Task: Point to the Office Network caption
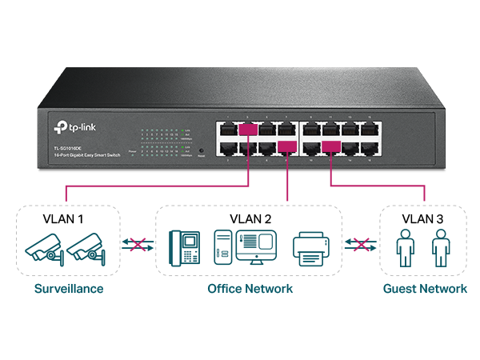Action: tap(250, 288)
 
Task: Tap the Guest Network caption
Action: tap(425, 288)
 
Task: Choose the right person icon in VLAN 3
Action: tap(439, 248)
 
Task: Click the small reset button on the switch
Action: tap(200, 150)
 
